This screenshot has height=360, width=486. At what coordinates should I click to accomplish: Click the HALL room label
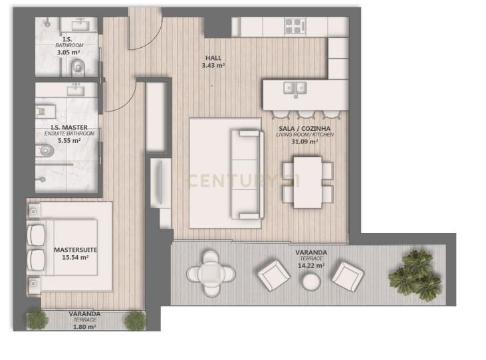[213, 58]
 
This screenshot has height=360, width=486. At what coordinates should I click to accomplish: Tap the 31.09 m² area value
[304, 141]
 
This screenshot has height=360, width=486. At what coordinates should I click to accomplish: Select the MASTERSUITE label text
[76, 250]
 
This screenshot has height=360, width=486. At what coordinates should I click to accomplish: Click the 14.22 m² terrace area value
[311, 266]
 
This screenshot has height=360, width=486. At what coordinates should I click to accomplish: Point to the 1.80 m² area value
[84, 327]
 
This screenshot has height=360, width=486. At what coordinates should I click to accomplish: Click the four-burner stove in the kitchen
[293, 26]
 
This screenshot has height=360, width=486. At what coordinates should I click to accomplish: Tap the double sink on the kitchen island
[295, 88]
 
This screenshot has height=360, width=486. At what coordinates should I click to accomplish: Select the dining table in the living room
[308, 182]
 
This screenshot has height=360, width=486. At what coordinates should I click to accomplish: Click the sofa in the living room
[247, 174]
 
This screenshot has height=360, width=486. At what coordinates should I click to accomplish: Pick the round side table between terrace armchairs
[312, 282]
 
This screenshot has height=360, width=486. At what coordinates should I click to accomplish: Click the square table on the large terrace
[211, 274]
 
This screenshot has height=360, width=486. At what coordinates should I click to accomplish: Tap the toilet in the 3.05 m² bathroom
[78, 68]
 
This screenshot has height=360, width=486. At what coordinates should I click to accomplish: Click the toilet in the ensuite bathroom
[46, 151]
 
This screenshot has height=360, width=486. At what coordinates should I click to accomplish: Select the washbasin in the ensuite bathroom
[76, 91]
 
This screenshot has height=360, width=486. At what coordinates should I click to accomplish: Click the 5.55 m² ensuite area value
[69, 141]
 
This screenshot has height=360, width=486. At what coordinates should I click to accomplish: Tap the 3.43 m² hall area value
[213, 66]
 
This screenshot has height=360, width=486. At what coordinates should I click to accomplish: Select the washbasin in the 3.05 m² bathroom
[80, 25]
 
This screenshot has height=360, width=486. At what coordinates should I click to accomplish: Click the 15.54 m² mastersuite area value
[75, 257]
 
